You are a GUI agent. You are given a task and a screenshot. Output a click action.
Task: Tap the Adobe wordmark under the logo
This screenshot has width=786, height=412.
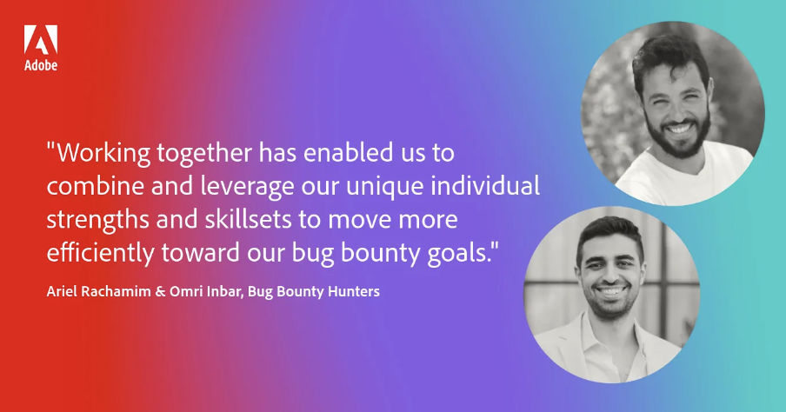click(41, 66)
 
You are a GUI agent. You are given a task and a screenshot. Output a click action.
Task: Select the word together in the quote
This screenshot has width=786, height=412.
click(205, 155)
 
